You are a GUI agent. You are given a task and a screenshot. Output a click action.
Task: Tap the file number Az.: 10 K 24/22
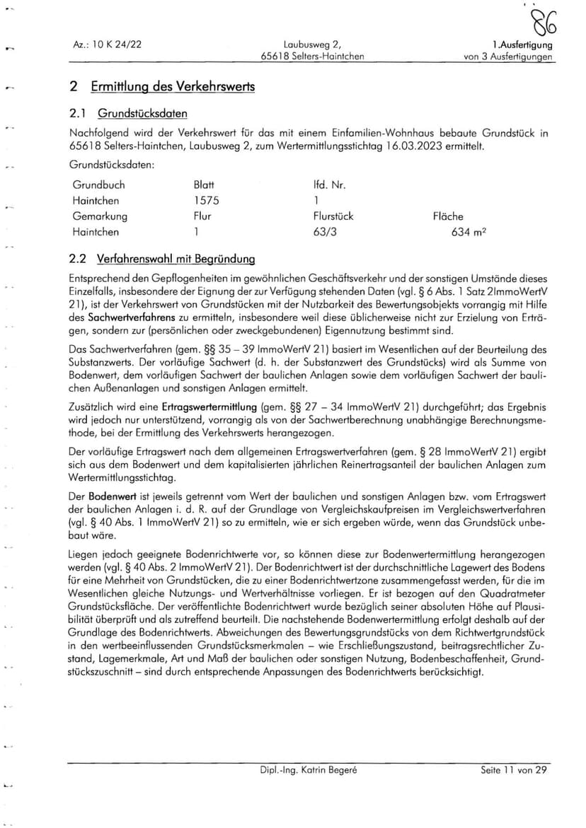(x=108, y=44)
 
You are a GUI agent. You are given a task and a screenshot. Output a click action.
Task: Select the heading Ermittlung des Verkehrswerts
(x=173, y=87)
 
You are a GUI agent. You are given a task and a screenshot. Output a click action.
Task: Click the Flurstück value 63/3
(x=325, y=232)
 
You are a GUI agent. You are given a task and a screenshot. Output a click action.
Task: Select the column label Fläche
(x=448, y=216)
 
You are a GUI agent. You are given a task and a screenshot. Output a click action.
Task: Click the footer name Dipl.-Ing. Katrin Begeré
(x=308, y=770)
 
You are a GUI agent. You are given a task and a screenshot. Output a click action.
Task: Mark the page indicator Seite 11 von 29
(x=514, y=770)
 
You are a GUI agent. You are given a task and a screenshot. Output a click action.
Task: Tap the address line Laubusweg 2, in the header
(x=312, y=44)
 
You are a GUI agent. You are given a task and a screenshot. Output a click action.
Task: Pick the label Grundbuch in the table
(x=98, y=185)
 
